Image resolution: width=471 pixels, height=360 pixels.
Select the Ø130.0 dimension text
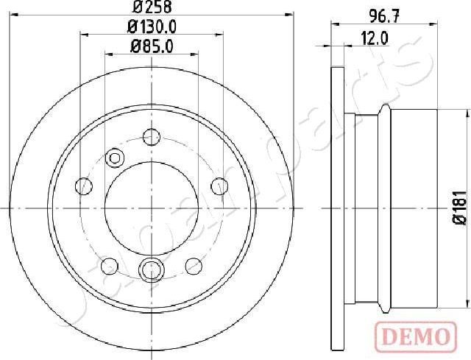152,28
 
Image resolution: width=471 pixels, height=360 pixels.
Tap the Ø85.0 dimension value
152,47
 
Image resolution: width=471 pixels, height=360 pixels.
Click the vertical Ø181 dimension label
458,208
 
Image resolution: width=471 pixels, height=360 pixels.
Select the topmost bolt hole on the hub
152,136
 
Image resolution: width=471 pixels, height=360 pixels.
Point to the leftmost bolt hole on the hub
85,185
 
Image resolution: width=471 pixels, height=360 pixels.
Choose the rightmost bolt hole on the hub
219,185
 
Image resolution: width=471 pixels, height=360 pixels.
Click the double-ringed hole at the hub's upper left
116,158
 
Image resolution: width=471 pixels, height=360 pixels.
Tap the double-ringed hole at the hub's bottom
152,269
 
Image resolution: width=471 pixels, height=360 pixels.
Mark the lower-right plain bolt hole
194,265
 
